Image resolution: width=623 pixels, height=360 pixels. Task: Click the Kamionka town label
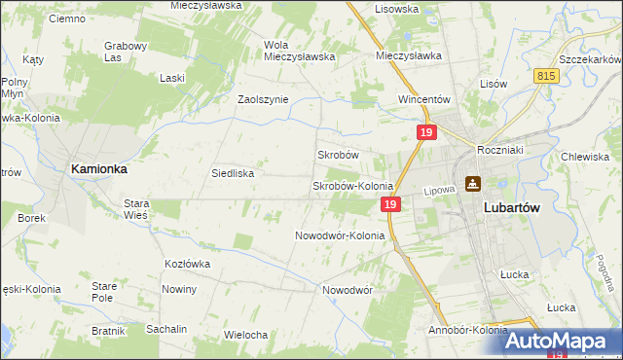(x=98, y=168)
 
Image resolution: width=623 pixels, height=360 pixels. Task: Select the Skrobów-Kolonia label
(x=351, y=186)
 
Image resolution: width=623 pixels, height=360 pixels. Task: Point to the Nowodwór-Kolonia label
(x=340, y=235)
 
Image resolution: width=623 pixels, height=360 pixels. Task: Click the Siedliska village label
(x=233, y=173)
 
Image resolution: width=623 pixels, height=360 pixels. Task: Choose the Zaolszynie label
(x=263, y=99)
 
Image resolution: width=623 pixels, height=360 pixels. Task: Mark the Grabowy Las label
(x=125, y=52)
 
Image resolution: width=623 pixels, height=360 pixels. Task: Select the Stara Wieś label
(x=135, y=209)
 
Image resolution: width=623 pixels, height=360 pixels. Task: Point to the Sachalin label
(x=166, y=329)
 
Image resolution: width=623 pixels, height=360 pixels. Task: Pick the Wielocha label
(x=245, y=335)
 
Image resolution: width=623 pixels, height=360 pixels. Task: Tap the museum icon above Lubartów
(x=473, y=183)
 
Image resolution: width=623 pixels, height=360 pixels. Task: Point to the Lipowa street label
(x=439, y=192)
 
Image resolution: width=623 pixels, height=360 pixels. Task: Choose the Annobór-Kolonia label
(x=467, y=330)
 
